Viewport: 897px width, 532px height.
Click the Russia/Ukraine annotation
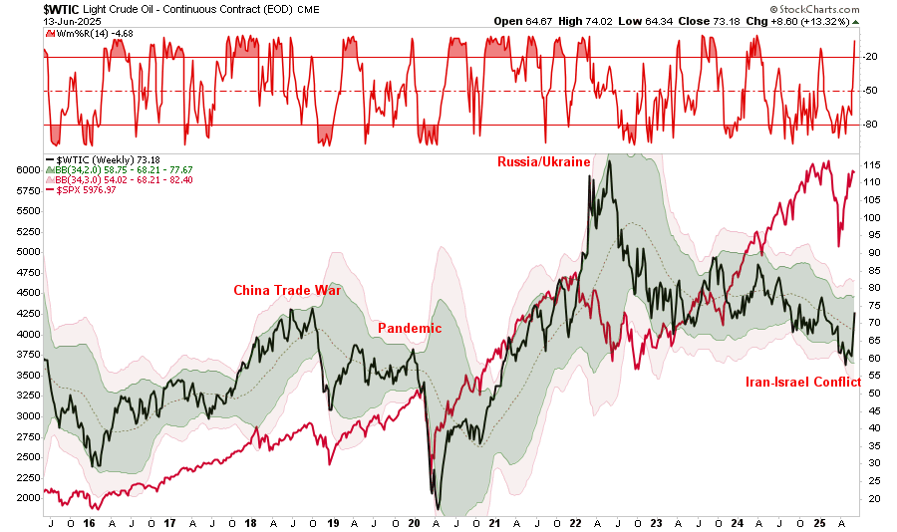[x=544, y=161]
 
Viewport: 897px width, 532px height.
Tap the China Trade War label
[x=287, y=291]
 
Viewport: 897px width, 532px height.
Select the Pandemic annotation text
[x=409, y=328]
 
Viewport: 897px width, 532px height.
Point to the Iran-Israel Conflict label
[x=802, y=382]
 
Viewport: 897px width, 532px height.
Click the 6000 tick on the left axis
[x=27, y=170]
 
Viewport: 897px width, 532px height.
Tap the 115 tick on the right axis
[x=871, y=164]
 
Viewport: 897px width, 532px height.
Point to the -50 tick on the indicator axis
[x=870, y=91]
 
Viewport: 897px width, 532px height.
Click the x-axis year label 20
[x=413, y=523]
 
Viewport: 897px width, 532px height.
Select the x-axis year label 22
[x=575, y=523]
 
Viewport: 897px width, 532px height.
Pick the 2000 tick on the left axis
[x=27, y=498]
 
